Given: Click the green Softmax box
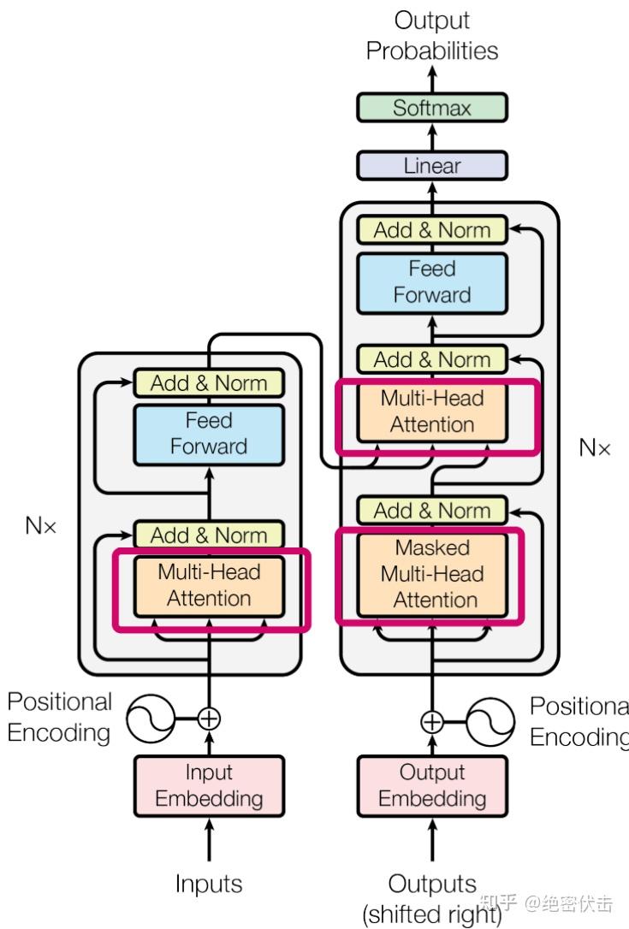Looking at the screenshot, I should tap(432, 109).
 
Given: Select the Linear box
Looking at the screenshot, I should tap(432, 166).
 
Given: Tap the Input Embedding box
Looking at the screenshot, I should tap(209, 785).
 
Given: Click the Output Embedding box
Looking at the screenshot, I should tap(432, 785).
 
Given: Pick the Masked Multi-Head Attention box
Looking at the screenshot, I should tap(432, 574).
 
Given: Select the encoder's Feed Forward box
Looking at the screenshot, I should tap(209, 434).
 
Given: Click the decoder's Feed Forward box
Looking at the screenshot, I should tap(432, 281).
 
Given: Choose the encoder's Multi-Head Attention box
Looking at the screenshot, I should tap(209, 586).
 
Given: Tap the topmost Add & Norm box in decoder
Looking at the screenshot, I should tap(432, 230).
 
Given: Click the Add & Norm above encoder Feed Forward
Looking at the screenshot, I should tap(209, 383).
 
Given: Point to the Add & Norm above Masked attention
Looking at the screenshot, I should tap(432, 511).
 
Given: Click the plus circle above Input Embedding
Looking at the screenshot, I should tap(209, 718).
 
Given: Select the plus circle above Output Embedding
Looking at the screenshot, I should tap(432, 721).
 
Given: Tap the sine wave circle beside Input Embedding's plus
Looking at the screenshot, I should tap(151, 718).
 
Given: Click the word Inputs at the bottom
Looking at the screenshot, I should tap(209, 884).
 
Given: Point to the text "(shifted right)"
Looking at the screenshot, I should tap(432, 914).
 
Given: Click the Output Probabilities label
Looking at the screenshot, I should tap(432, 36).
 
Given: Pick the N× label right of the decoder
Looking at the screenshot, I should tap(595, 447).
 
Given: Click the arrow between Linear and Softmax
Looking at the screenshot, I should tap(432, 137).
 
